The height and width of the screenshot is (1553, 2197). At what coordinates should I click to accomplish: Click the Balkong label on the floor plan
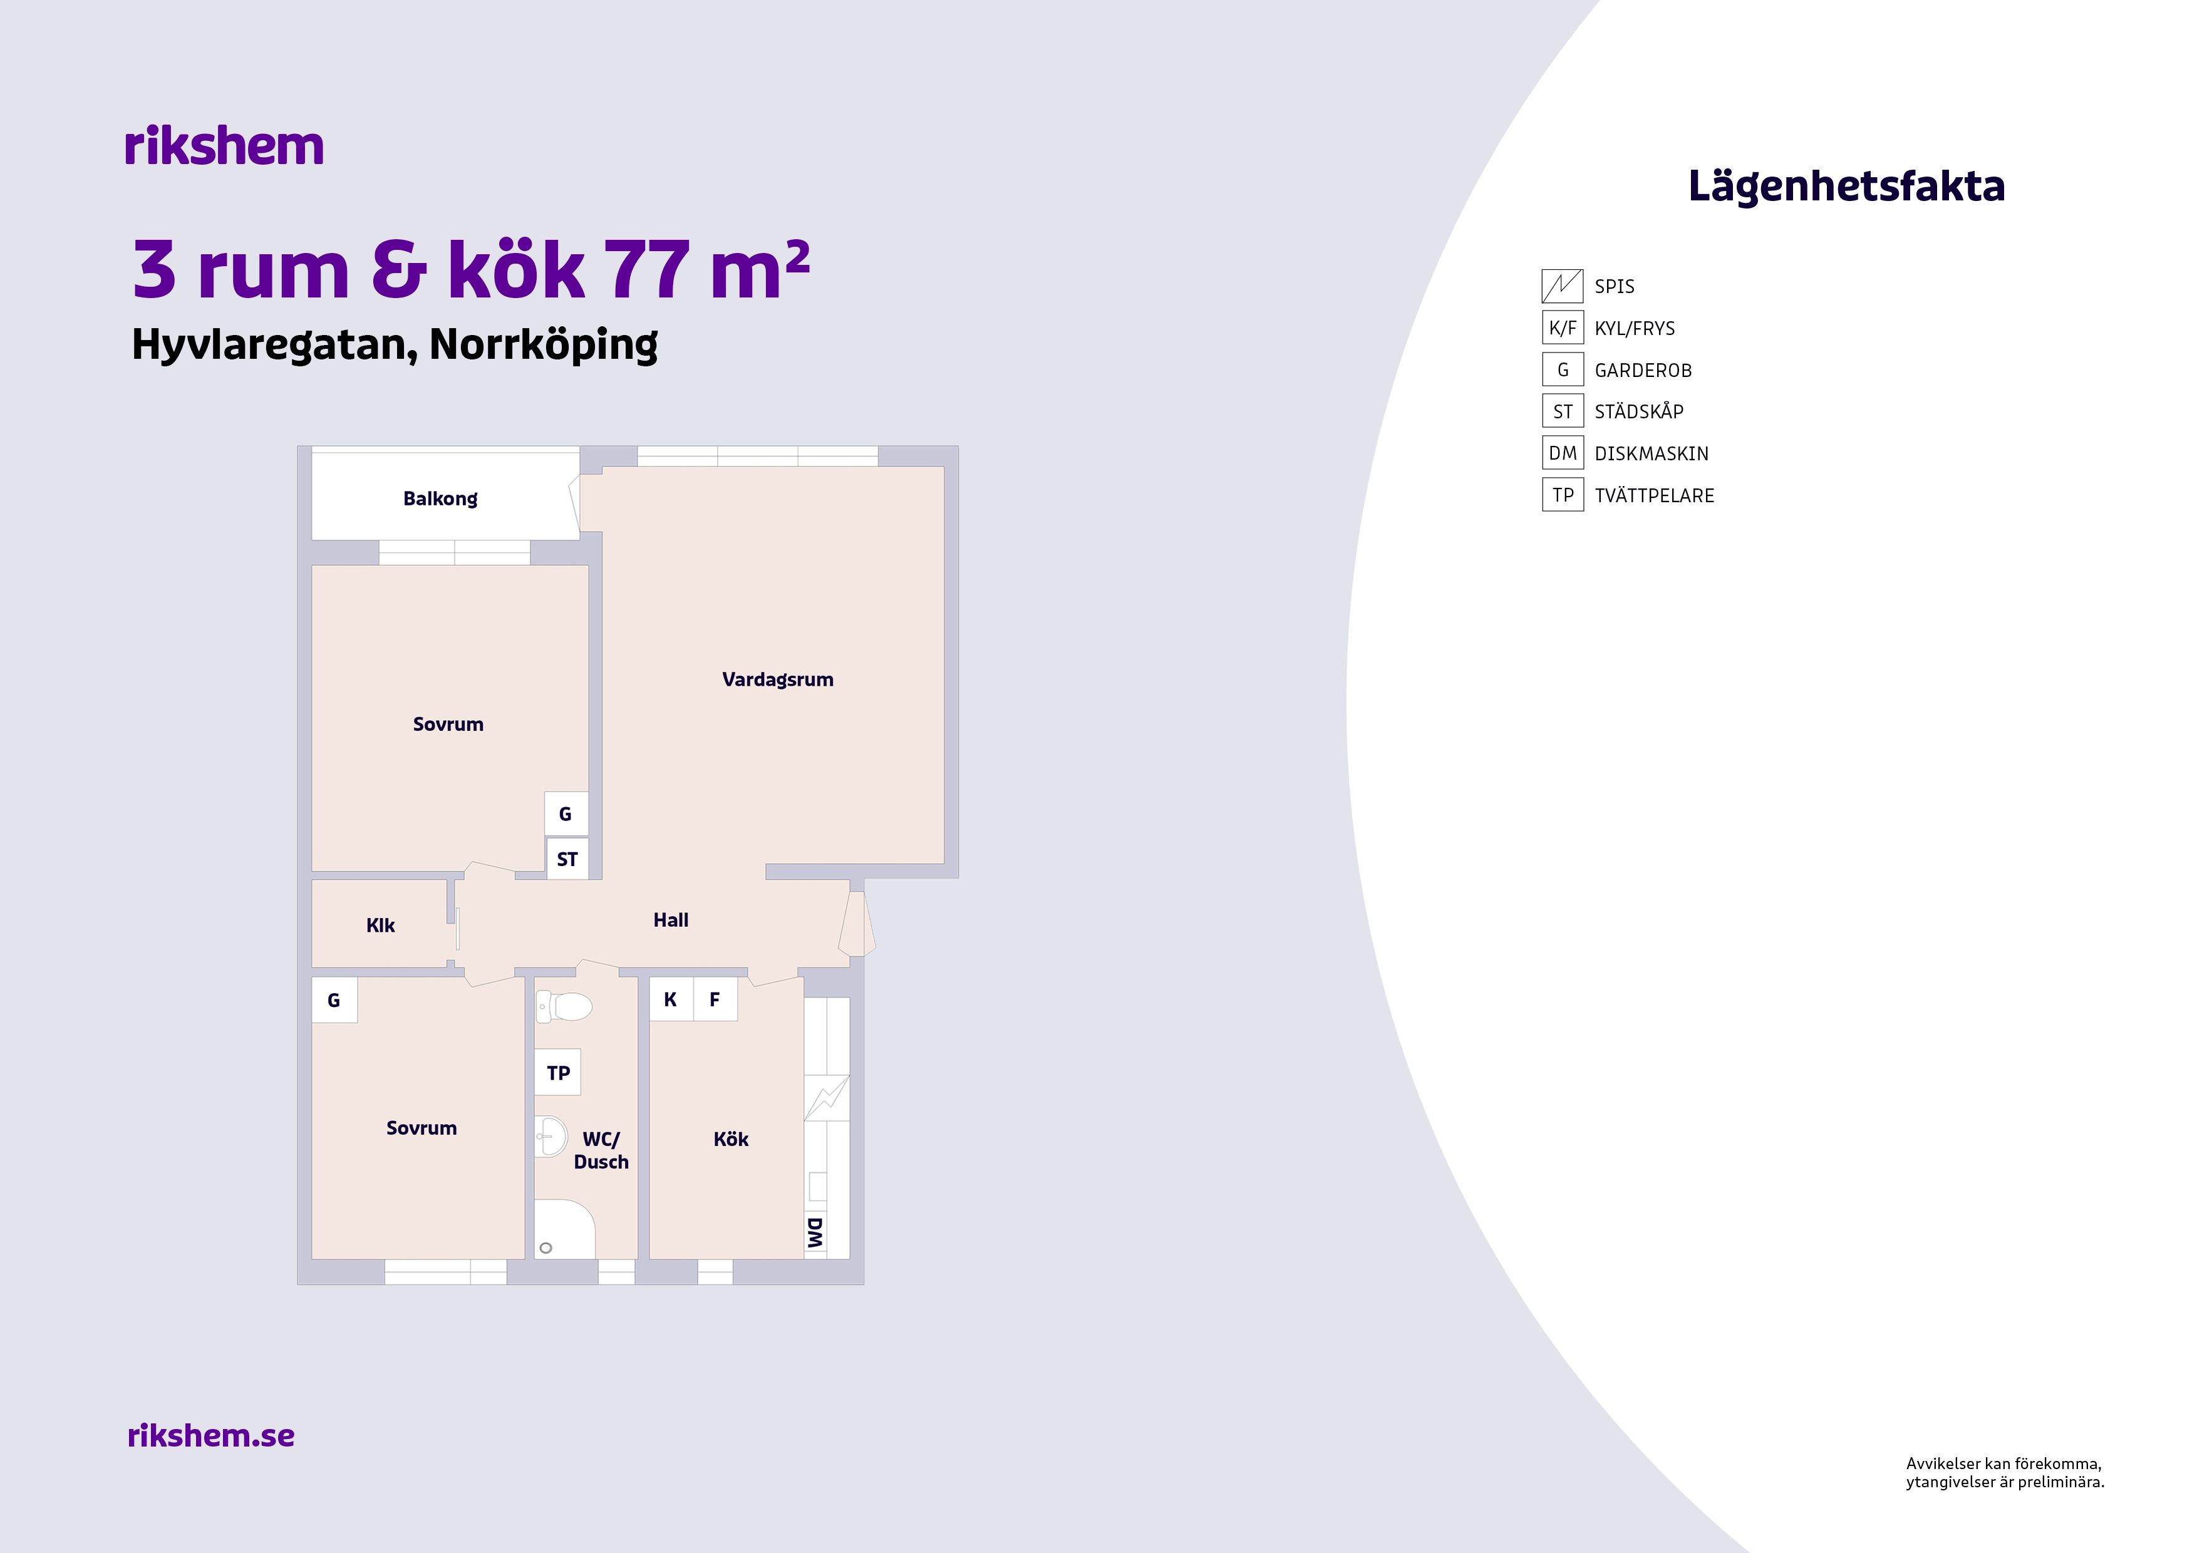(440, 498)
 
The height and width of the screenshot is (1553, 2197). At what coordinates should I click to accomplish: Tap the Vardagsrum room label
(777, 680)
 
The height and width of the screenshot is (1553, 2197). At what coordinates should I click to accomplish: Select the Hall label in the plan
(671, 919)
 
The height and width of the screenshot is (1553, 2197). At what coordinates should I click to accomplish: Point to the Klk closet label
(380, 926)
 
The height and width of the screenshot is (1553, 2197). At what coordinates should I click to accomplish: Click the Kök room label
(731, 1138)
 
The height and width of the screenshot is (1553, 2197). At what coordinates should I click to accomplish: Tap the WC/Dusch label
(601, 1150)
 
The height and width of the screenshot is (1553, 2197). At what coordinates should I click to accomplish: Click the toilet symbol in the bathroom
(564, 1006)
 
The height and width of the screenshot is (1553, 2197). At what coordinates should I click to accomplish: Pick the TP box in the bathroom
(558, 1073)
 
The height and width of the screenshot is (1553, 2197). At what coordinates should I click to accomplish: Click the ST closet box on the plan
(567, 859)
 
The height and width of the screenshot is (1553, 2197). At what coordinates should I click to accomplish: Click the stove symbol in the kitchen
(826, 1098)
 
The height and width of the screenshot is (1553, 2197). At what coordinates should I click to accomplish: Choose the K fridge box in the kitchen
(671, 999)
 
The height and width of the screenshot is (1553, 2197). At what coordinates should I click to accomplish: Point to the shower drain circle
(546, 1248)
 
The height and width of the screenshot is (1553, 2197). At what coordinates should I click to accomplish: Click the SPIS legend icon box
(1563, 286)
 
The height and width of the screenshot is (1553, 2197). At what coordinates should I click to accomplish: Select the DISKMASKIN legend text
(1652, 453)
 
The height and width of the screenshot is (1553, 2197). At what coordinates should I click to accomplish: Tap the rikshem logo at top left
(224, 147)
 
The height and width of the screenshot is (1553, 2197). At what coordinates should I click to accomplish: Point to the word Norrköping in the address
(544, 344)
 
